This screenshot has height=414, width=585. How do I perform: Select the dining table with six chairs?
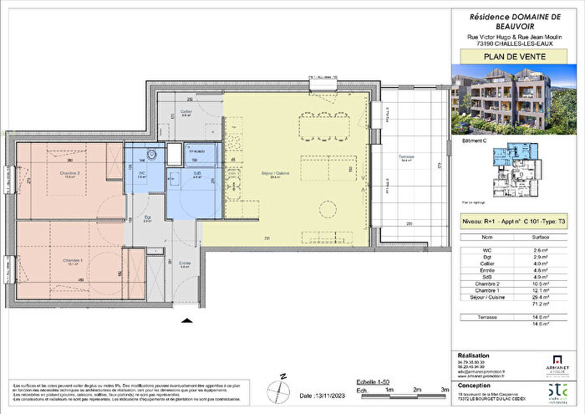(x=319, y=126)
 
